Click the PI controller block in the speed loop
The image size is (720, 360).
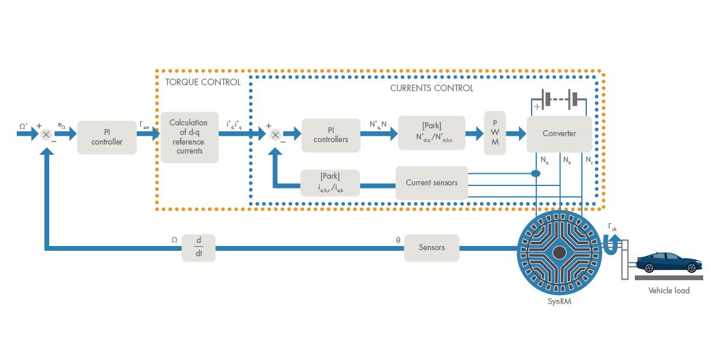click(107, 137)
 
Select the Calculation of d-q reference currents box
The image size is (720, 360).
click(190, 137)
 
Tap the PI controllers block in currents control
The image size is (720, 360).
click(330, 135)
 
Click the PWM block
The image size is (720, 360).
click(495, 133)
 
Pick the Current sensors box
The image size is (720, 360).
click(431, 183)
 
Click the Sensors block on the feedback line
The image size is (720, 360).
click(431, 247)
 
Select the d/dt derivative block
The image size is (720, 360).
click(199, 247)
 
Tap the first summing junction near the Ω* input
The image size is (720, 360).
click(46, 134)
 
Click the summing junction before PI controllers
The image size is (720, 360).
click(275, 134)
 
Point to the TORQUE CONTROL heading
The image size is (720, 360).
click(203, 82)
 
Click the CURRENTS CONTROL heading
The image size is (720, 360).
click(431, 88)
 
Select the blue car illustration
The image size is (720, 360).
click(668, 262)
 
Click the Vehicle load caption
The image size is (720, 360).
click(668, 290)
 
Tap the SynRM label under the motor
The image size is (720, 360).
click(559, 302)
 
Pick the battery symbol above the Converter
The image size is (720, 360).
click(558, 98)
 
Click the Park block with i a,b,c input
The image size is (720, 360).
click(330, 183)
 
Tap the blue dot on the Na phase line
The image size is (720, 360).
click(535, 173)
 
